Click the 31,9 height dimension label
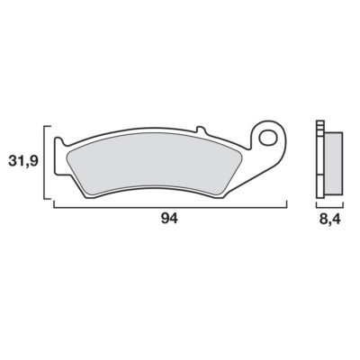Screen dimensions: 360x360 click(x=23, y=161)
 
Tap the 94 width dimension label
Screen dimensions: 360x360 click(x=169, y=219)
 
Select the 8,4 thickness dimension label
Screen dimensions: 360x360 click(x=330, y=220)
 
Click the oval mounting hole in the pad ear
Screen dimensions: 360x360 click(x=268, y=138)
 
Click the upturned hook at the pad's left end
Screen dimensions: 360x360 click(x=58, y=141)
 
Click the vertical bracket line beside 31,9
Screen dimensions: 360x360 click(x=44, y=162)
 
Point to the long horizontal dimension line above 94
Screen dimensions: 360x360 click(x=170, y=207)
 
